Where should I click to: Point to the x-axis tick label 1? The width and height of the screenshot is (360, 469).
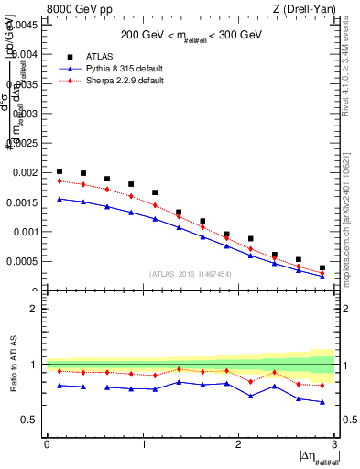click(x=142, y=444)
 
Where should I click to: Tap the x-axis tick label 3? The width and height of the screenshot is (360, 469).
click(x=334, y=444)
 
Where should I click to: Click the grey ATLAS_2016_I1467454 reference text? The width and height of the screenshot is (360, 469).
click(x=191, y=273)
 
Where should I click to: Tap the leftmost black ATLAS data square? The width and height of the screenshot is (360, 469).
click(x=60, y=171)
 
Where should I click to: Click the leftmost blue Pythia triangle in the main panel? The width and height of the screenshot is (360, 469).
click(x=60, y=199)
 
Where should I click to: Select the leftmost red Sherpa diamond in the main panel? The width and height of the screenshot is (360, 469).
click(x=60, y=180)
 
